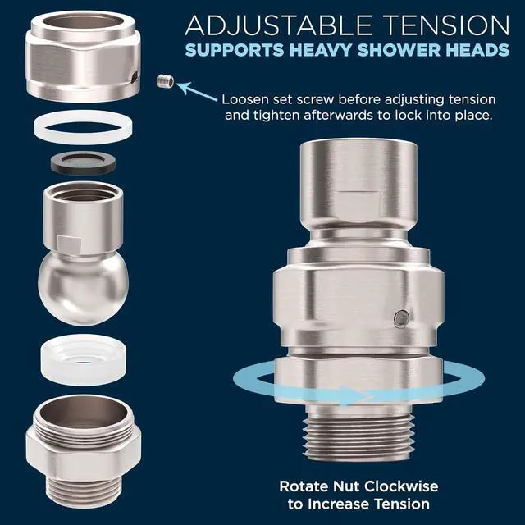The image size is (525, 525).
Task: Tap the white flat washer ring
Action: (79, 129)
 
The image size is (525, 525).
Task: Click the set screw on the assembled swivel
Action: (399, 317)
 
